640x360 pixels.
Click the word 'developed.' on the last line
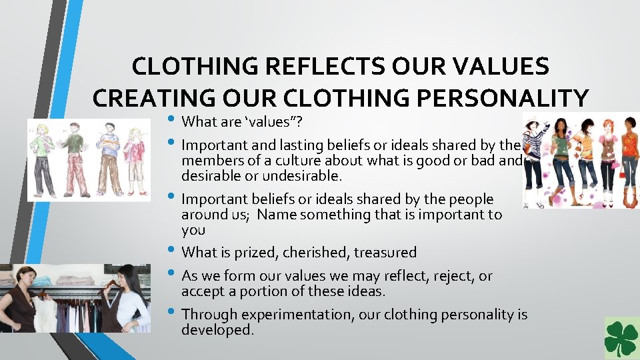tap(217, 330)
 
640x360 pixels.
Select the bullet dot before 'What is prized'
tap(173, 252)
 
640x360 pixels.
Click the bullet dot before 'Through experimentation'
tap(173, 313)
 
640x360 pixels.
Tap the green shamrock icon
tap(621, 339)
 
